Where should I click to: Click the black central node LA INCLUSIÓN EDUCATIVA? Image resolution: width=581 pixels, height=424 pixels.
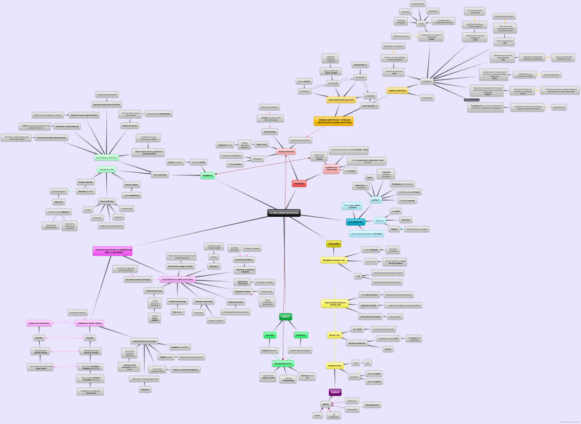point(284,213)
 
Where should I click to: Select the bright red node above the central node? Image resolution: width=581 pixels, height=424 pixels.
point(299,184)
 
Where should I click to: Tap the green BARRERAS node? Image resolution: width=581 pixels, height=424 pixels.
point(208,176)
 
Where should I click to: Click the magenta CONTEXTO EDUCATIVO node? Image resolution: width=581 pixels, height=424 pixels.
point(112,251)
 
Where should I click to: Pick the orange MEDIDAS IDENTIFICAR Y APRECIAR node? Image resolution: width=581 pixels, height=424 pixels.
point(334,121)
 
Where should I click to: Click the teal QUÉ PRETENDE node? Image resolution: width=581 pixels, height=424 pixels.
point(356,222)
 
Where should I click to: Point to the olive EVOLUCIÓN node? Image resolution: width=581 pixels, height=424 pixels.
point(334,244)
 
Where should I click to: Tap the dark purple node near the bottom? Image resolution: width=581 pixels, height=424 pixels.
point(335,392)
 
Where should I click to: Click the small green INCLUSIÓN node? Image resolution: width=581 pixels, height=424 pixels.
point(271,335)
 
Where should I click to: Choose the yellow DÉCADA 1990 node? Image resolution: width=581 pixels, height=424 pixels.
point(334,335)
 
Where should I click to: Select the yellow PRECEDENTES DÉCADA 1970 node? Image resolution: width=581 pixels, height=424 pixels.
point(334,261)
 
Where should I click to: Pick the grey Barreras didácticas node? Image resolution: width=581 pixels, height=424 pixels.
point(106,201)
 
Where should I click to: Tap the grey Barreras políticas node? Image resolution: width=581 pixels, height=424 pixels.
point(132,185)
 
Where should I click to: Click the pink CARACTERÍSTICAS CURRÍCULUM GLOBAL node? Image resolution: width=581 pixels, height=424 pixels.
point(177,280)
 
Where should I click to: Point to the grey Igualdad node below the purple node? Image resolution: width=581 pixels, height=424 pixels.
point(326,405)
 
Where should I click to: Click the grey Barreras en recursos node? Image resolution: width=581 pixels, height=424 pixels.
point(129,126)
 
